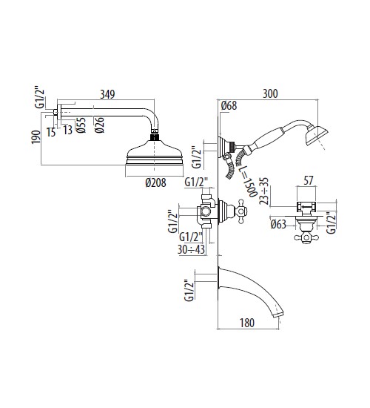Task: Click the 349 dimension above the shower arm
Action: [x=107, y=94]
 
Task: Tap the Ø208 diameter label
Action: [x=155, y=182]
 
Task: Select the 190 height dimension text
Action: [x=36, y=137]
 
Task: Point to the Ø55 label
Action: [x=81, y=125]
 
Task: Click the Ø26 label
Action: [x=99, y=125]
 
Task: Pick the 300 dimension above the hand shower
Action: [x=270, y=94]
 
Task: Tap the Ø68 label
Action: [x=229, y=105]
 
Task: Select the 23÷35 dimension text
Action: [x=263, y=191]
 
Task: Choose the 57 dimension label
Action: [x=308, y=180]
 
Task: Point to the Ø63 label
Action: [x=278, y=224]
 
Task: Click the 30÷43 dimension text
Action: [x=192, y=249]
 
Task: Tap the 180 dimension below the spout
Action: [x=247, y=323]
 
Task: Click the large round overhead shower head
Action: [x=155, y=153]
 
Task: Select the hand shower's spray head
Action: [x=317, y=134]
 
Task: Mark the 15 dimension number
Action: [x=51, y=133]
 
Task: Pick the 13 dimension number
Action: [x=68, y=130]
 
